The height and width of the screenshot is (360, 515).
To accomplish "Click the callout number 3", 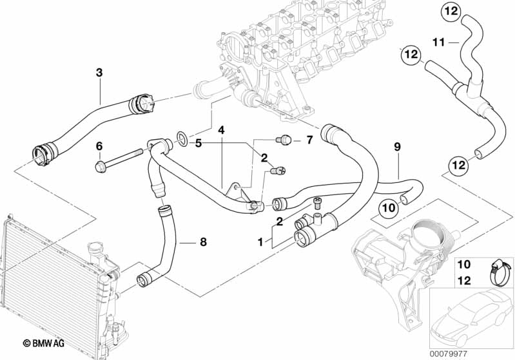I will (x=99, y=73).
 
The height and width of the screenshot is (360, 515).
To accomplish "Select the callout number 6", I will (x=99, y=146).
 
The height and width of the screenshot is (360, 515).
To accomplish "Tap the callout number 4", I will (x=221, y=130).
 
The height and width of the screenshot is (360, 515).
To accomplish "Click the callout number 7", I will (x=309, y=139).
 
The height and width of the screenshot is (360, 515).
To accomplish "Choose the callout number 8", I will (x=203, y=243).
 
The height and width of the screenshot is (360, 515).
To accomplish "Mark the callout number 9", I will (x=397, y=147).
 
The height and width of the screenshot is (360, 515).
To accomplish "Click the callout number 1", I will (x=260, y=243).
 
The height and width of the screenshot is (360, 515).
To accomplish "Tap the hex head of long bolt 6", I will (x=100, y=168).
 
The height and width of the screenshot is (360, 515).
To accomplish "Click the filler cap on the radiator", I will (x=95, y=249).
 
